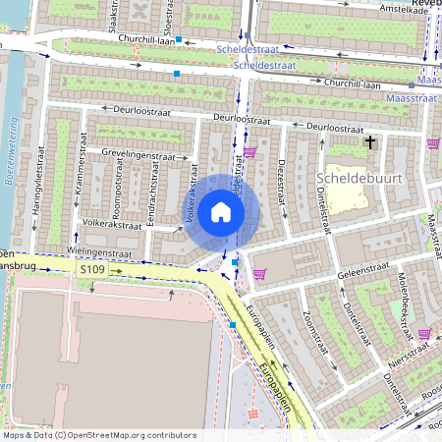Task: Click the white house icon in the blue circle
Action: pyautogui.click(x=221, y=212)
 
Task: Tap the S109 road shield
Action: pyautogui.click(x=92, y=268)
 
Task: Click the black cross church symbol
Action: pyautogui.click(x=370, y=142)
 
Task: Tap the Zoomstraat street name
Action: pyautogui.click(x=314, y=331)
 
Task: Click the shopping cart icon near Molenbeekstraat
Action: pyautogui.click(x=423, y=334)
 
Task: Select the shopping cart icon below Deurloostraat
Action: pyautogui.click(x=250, y=152)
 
